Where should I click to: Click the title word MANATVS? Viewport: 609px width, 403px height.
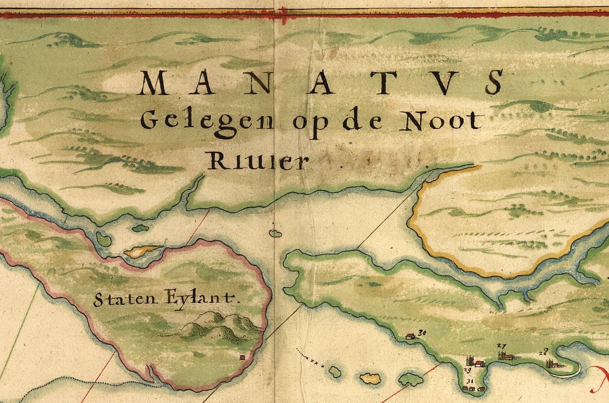[321, 83]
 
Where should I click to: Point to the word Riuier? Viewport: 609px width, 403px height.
[257, 161]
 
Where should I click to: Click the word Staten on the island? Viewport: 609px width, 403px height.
[125, 300]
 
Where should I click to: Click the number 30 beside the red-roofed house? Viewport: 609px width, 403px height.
[422, 333]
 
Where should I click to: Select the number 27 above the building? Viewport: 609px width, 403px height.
[501, 346]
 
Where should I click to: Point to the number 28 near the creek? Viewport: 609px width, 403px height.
[544, 352]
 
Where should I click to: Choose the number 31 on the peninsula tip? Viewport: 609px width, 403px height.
[470, 381]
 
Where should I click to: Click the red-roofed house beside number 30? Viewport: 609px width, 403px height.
[410, 336]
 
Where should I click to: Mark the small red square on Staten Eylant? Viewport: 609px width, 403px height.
[243, 357]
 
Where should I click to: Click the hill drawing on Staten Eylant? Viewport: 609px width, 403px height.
[219, 325]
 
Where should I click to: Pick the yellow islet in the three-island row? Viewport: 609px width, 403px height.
[370, 379]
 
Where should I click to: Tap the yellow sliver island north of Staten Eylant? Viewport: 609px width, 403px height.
[142, 251]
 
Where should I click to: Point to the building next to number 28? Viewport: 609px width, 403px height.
[552, 363]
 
